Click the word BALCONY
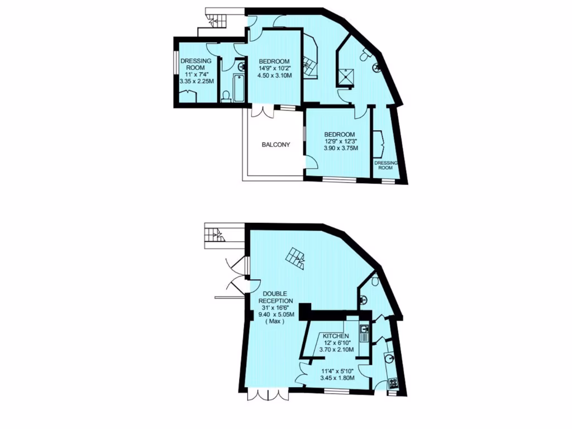point(276,145)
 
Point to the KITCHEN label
point(336,336)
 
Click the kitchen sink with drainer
point(364,333)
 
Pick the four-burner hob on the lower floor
point(393,383)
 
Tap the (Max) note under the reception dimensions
point(274,322)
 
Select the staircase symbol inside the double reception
point(295,258)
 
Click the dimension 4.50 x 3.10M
point(274,76)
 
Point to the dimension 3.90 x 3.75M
point(340,148)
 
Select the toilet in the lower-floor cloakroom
point(375,280)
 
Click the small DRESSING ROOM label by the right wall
point(385,165)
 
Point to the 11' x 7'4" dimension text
point(196,74)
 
